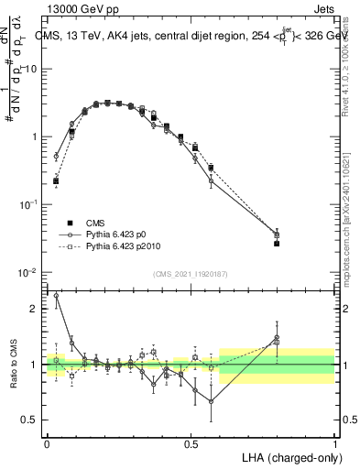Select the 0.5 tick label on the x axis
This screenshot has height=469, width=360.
(x=191, y=442)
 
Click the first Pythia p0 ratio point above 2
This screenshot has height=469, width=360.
(x=56, y=296)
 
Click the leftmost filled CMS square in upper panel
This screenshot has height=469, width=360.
(x=56, y=181)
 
